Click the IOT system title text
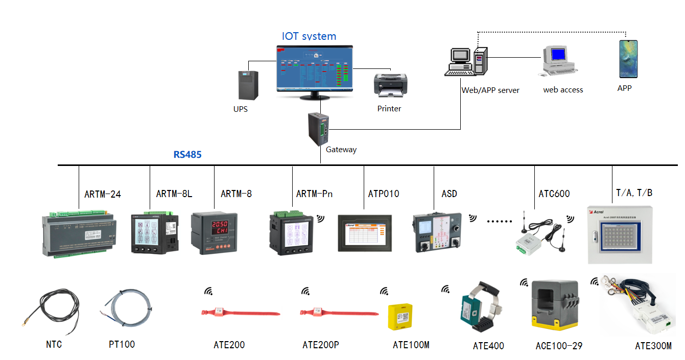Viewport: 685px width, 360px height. [x=309, y=36]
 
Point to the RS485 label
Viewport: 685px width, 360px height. [x=187, y=154]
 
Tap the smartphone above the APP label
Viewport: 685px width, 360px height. [x=628, y=59]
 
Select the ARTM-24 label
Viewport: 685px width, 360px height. [x=103, y=194]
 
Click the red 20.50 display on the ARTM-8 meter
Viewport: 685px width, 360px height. [x=220, y=224]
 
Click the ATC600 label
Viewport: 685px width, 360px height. [x=554, y=194]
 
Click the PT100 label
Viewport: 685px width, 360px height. [x=122, y=344]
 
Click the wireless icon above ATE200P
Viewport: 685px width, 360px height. [x=305, y=291]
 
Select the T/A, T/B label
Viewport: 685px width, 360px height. [x=634, y=193]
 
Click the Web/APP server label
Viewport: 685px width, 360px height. [x=490, y=90]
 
